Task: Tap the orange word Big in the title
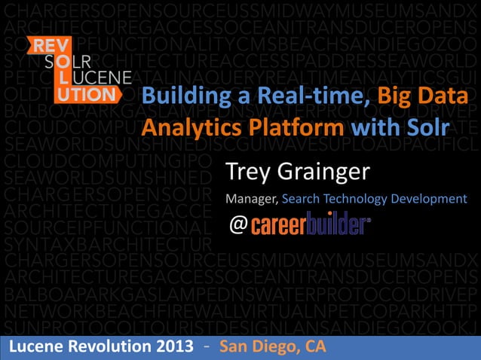398,98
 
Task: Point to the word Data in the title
445,98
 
